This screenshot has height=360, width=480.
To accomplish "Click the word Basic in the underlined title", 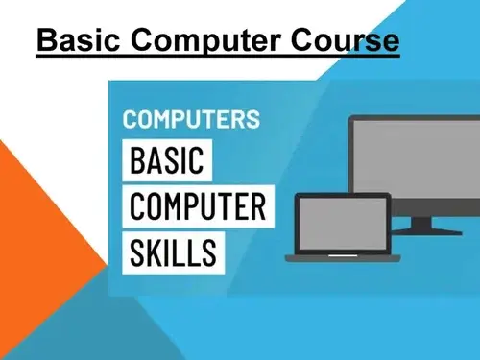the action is click(x=79, y=39).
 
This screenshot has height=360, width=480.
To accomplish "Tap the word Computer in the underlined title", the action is click(x=205, y=41).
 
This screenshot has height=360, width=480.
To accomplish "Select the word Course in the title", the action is click(x=346, y=39).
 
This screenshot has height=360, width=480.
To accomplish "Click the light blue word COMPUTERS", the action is click(x=191, y=119).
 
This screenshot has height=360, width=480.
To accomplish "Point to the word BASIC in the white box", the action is click(x=167, y=160).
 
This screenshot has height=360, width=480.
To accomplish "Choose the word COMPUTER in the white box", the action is click(x=198, y=206).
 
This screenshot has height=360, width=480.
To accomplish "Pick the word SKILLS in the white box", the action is click(x=173, y=252).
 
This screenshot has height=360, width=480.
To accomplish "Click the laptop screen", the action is click(x=343, y=224).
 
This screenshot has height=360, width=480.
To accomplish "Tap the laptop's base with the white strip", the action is click(x=343, y=258).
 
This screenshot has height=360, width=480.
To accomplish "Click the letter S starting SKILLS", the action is click(x=137, y=252).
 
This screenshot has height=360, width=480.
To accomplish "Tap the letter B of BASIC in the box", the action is click(x=138, y=160).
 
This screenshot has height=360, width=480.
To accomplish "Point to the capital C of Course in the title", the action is click(x=303, y=39).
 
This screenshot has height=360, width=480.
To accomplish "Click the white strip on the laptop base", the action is click(x=343, y=255).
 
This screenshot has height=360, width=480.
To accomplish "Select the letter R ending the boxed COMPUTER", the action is click(x=258, y=206).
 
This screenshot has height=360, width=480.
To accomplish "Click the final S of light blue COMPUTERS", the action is click(x=252, y=119).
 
